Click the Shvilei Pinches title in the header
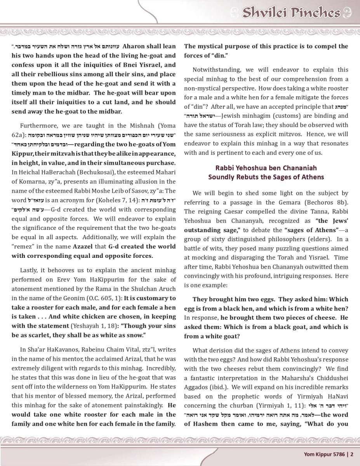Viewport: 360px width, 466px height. (x=291, y=13)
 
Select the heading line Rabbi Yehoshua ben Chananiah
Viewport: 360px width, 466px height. (x=266, y=168)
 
